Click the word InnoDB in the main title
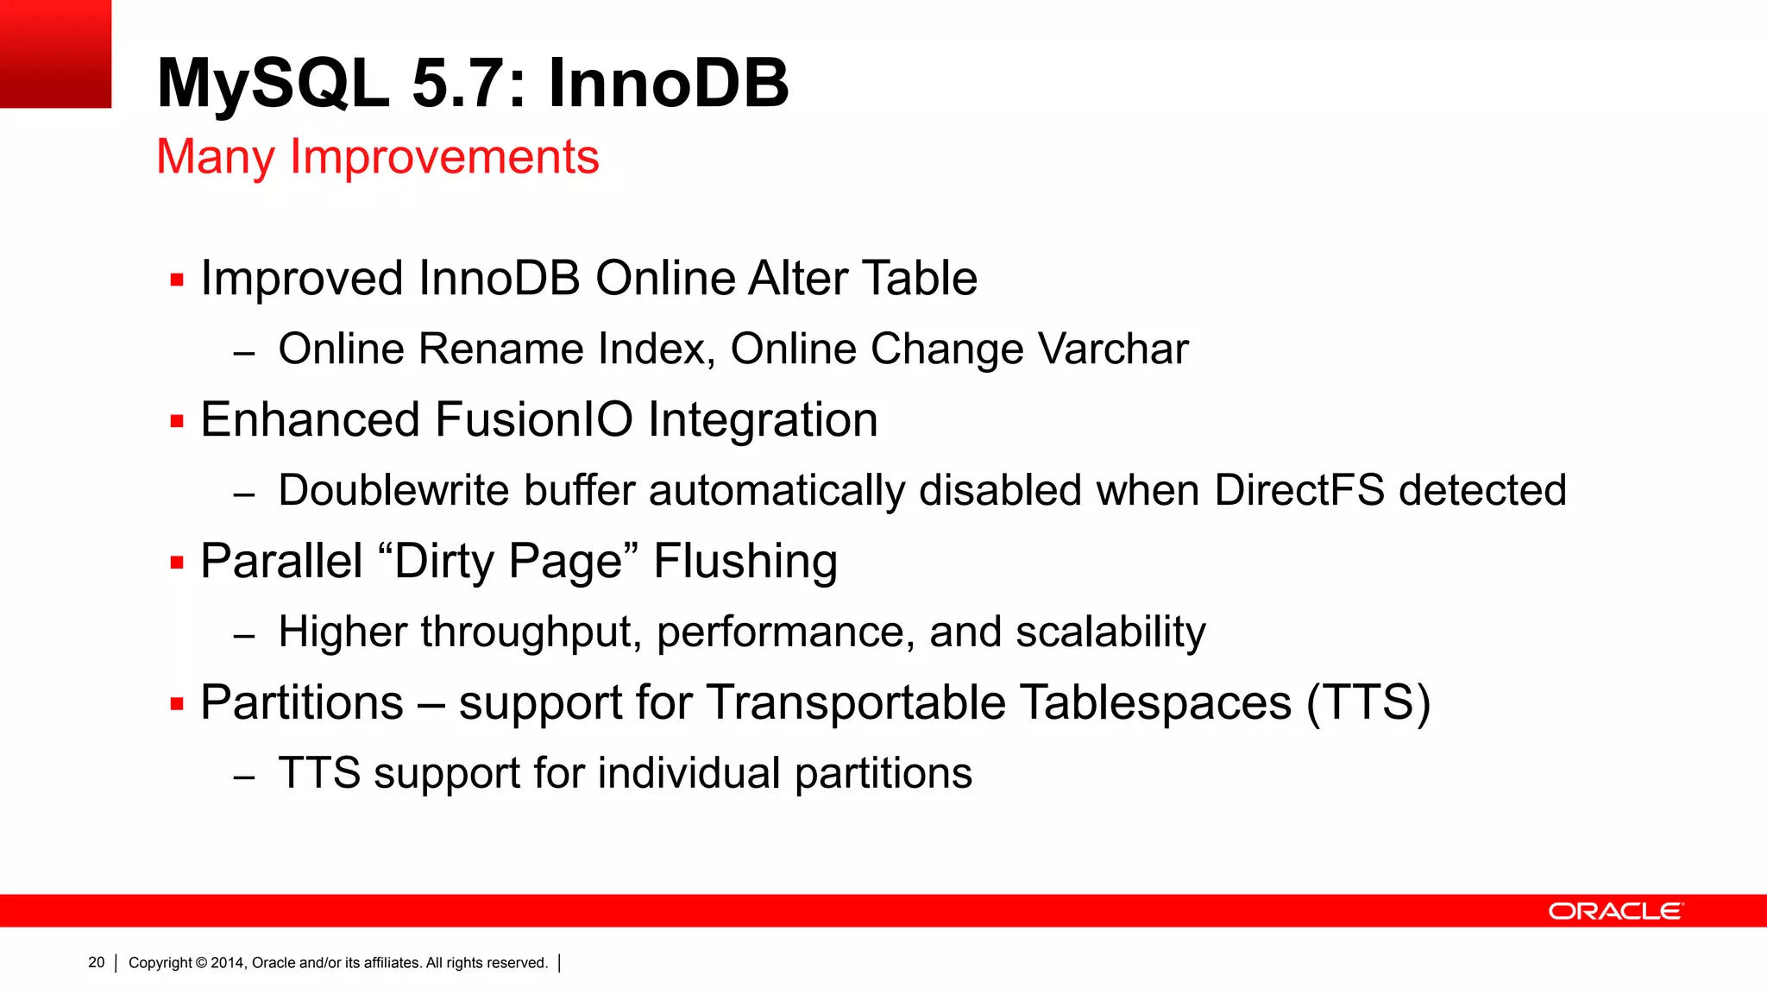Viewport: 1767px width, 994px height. coord(668,84)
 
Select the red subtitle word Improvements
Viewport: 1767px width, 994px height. coord(443,157)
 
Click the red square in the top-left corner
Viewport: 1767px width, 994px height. coord(55,53)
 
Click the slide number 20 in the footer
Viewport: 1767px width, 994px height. coord(97,962)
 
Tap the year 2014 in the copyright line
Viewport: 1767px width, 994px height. coord(228,962)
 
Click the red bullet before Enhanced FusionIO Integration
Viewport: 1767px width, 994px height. coord(178,421)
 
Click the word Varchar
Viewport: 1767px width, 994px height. coord(1113,349)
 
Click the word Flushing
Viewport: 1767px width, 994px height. coord(745,562)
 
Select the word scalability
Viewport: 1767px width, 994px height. coord(1110,632)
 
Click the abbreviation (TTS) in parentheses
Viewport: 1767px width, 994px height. coord(1368,702)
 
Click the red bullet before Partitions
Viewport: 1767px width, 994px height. coord(178,704)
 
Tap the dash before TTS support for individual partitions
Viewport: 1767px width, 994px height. coord(244,777)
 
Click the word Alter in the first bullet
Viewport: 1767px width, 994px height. coord(797,279)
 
